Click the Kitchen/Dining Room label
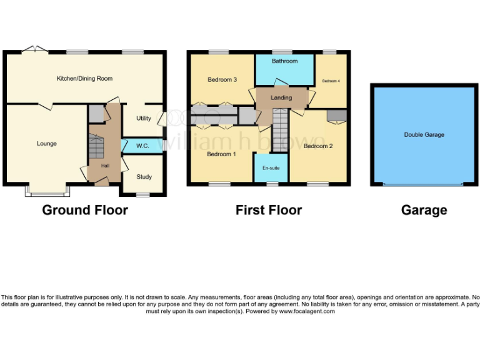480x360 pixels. (x=84, y=78)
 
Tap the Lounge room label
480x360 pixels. (x=46, y=144)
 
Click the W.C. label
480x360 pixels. (x=142, y=146)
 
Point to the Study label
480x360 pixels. (x=144, y=176)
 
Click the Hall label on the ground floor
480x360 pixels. (x=105, y=166)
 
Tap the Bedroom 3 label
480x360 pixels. (x=222, y=80)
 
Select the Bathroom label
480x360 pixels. (x=284, y=61)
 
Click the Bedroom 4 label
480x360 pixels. (x=331, y=81)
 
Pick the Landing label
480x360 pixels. (x=281, y=98)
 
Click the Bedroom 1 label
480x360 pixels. (x=221, y=154)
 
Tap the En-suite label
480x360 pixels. (x=271, y=168)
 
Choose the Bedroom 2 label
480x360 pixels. (x=317, y=146)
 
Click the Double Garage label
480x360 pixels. (x=424, y=134)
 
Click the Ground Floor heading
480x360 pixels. (x=85, y=210)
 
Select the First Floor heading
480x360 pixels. (x=269, y=210)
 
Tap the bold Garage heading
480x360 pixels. (x=424, y=210)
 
